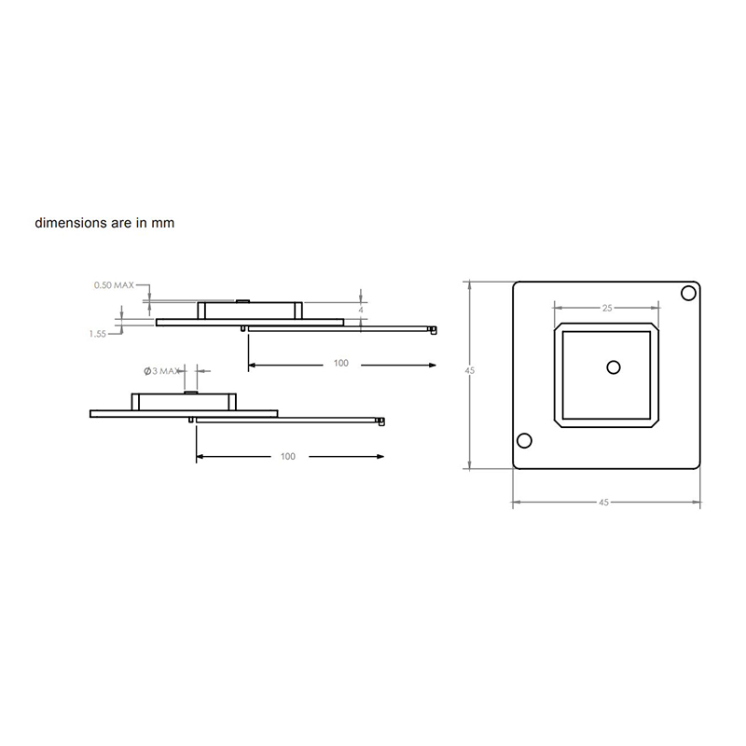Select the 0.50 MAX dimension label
[115, 284]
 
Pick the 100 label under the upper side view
[340, 363]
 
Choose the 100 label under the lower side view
[287, 456]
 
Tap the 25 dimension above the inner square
[607, 307]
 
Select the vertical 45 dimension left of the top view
[470, 371]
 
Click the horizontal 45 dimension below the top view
[603, 502]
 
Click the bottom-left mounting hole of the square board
[524, 441]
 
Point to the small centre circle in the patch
[613, 366]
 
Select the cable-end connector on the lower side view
[380, 421]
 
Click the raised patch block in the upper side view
[250, 310]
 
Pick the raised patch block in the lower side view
[183, 402]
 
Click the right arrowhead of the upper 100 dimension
[432, 363]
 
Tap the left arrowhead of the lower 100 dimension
[200, 456]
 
